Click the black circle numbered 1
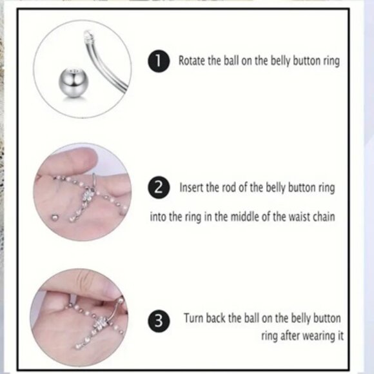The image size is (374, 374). coord(159,61)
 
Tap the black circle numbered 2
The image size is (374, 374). coord(159,188)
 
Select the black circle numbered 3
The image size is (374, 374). coord(159,321)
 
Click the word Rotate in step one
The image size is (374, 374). coord(192,61)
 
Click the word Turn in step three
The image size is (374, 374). coord(193,318)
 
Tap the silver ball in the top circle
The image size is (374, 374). coord(74,81)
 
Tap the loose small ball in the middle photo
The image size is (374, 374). coord(55,217)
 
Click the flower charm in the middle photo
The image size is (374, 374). coord(86,196)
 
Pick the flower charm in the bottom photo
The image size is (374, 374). coord(101,324)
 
